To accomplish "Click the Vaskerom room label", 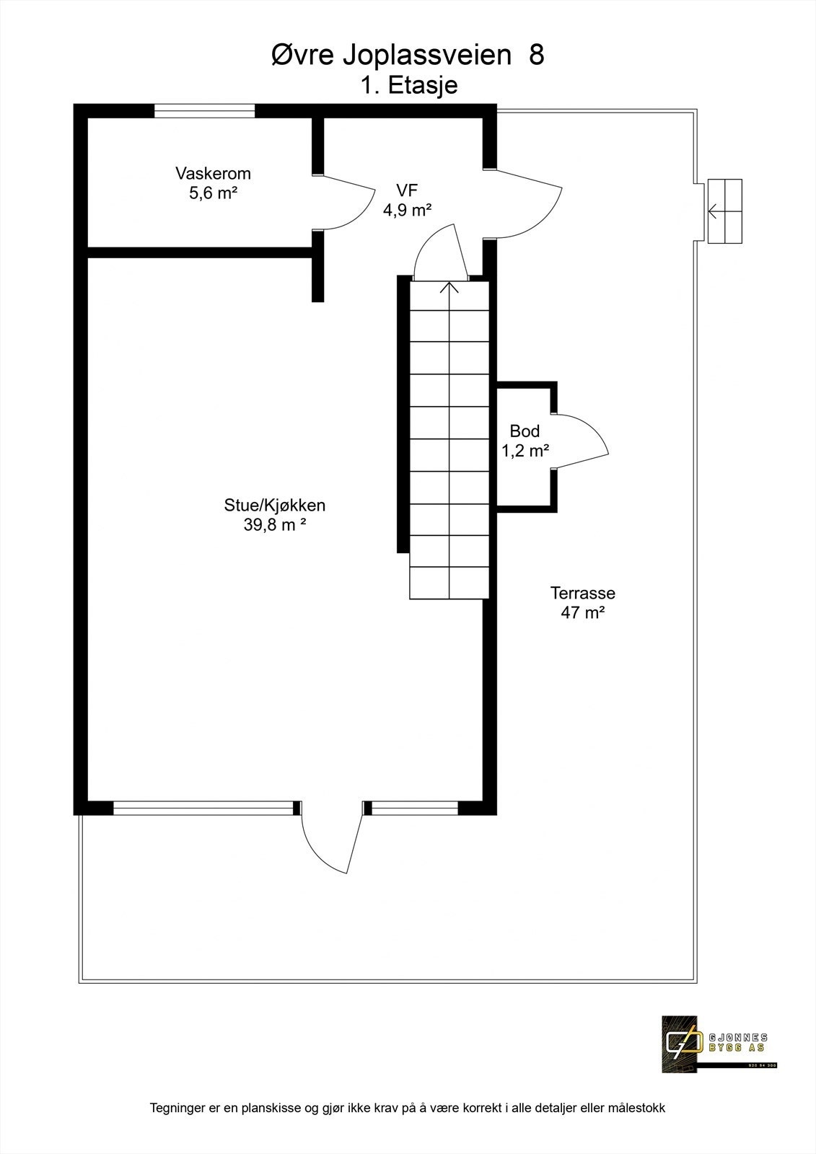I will (213, 174).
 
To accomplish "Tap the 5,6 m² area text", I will (213, 193).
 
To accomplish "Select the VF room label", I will (407, 190).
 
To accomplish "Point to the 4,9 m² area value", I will (407, 210).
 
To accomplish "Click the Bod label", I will (525, 431).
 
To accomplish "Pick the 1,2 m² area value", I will (525, 451).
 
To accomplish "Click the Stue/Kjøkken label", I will (274, 506).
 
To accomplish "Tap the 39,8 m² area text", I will (274, 525).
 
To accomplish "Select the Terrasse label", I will (582, 593).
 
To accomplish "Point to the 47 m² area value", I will (582, 613).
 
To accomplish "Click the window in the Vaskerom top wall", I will (205, 110).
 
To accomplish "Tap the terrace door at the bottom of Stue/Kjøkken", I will (332, 837).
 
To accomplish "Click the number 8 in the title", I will (536, 56).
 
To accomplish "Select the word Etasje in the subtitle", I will (423, 85).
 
